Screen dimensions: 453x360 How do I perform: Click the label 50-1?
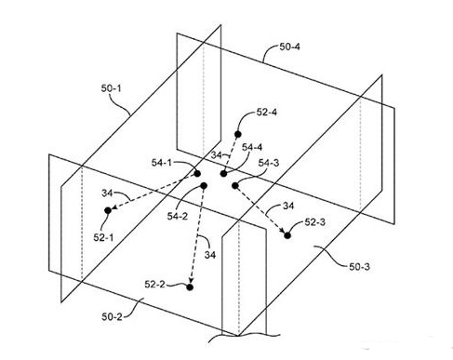pos(111,88)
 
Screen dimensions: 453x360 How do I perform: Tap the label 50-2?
pos(112,317)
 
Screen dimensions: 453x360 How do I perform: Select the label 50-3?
pos(359,267)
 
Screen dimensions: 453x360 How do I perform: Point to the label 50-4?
pos(290,47)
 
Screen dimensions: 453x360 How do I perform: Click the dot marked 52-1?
pos(108,210)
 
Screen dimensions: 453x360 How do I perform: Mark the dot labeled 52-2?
pos(190,287)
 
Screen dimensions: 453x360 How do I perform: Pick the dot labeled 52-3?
pos(287,235)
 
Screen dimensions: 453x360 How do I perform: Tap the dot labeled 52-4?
pos(238,134)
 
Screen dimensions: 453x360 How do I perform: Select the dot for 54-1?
pos(197,174)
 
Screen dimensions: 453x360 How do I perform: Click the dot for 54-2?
pos(204,186)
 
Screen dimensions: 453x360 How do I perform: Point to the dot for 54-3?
pos(235,185)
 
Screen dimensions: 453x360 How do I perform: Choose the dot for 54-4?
pos(223,174)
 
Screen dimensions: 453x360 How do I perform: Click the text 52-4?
pos(267,112)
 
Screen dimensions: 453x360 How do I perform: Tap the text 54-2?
pos(178,216)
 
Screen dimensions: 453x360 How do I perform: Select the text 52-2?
pos(154,284)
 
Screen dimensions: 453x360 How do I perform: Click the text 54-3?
pos(269,163)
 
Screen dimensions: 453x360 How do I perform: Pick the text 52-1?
pos(103,237)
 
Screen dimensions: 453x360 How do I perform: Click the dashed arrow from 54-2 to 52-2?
pos(197,236)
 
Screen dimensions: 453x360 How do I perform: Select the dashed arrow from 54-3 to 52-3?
pos(261,210)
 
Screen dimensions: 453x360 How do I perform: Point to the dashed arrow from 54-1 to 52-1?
pos(153,192)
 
